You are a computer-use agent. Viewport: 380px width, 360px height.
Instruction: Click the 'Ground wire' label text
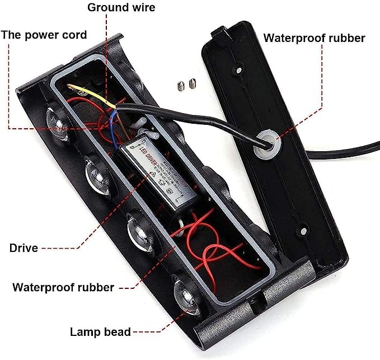[121, 8]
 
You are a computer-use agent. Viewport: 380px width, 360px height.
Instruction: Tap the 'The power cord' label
[44, 35]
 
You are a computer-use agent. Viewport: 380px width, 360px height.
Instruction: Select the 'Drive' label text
[24, 247]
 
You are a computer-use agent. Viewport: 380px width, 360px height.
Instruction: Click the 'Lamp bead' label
[100, 331]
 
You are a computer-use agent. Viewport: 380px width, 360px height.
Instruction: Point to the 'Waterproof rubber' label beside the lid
[314, 38]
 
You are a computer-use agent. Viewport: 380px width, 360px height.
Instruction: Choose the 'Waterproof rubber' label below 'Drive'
[63, 288]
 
